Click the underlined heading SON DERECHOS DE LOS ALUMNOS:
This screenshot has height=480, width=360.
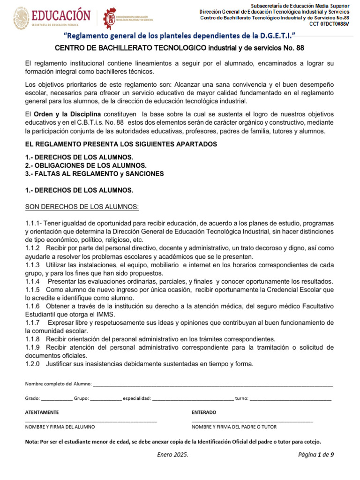[x=82, y=207]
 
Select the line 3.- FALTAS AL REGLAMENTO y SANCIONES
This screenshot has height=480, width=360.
[x=94, y=173]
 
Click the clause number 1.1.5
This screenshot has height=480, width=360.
[x=33, y=290]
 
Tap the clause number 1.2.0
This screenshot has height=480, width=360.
[x=33, y=364]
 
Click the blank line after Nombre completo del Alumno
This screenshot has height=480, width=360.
[x=213, y=384]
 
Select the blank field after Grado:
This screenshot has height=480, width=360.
[x=57, y=398]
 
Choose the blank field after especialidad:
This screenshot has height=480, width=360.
[x=193, y=398]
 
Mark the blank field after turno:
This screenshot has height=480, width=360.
[x=290, y=398]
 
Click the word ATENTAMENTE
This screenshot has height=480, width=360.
[x=42, y=412]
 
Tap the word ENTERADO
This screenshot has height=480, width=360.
[x=204, y=412]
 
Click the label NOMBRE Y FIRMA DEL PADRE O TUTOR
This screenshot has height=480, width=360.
[x=234, y=427]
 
